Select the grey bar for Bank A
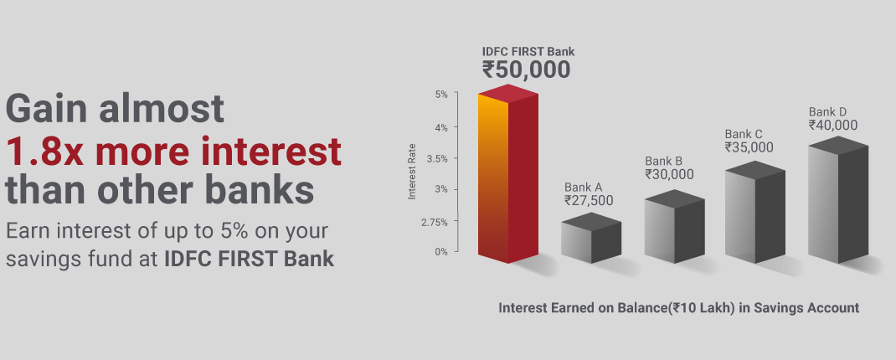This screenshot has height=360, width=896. click(591, 239)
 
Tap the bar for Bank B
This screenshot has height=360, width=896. click(674, 227)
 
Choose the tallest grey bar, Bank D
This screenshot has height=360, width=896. click(838, 200)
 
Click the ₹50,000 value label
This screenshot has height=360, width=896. click(526, 69)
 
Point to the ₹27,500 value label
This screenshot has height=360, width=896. click(589, 201)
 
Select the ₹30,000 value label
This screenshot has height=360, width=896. click(669, 174)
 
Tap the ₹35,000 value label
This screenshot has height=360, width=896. click(749, 147)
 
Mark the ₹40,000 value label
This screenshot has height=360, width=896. click(833, 125)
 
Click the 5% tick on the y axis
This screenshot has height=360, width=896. click(441, 95)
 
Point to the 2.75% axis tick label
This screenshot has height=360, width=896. click(435, 223)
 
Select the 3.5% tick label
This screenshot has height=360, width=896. click(437, 158)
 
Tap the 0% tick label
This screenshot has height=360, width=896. click(441, 251)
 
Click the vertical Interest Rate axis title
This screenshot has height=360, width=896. click(411, 172)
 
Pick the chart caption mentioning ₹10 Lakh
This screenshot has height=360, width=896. click(679, 308)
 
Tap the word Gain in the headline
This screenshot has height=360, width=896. click(48, 109)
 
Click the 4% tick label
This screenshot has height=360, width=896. click(441, 127)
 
